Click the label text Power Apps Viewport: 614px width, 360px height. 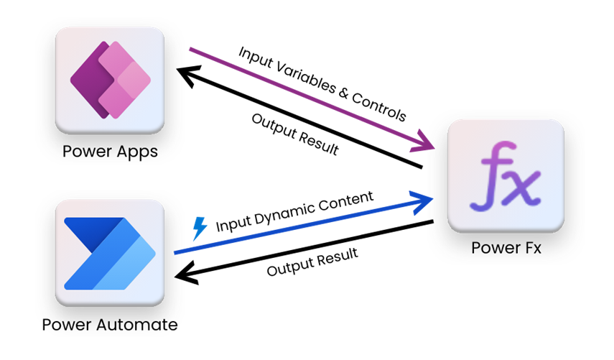coord(110,152)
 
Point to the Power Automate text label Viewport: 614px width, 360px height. coord(110,325)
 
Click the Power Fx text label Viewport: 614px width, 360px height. coord(506,248)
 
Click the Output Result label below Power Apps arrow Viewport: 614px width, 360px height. coord(295,135)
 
